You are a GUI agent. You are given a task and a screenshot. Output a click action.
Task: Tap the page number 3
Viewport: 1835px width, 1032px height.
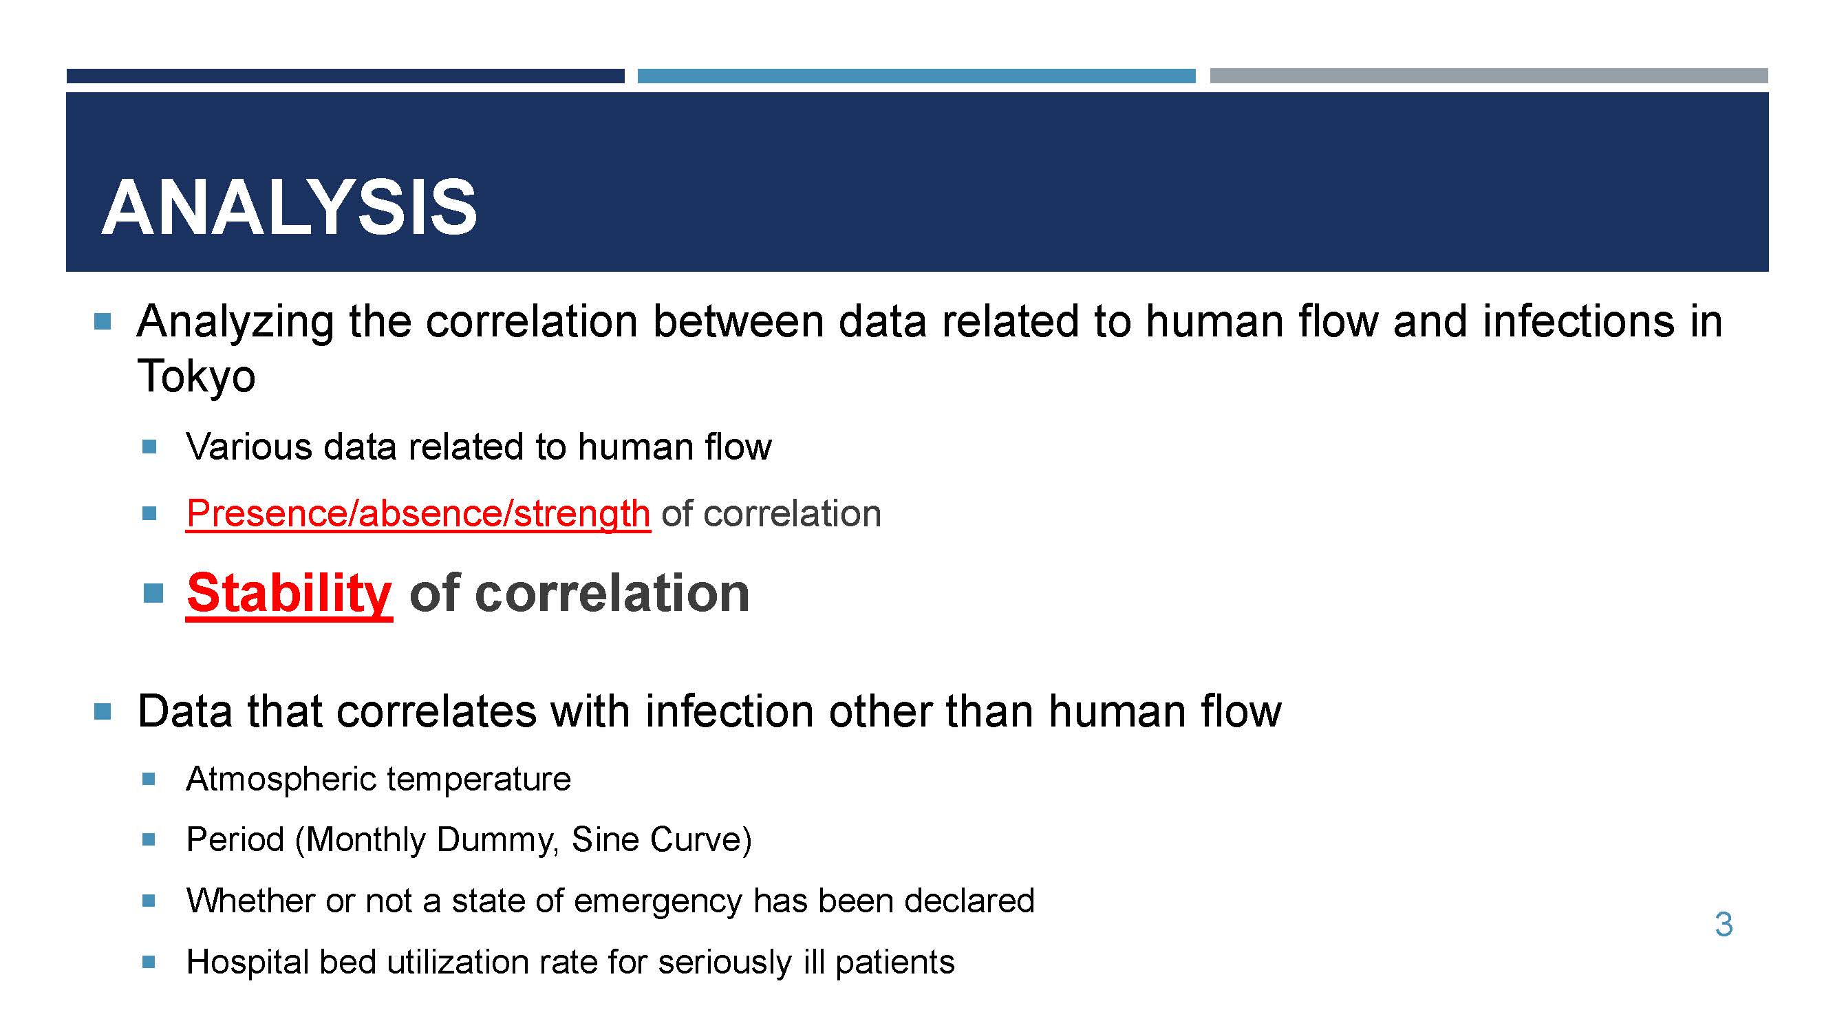pos(1724,925)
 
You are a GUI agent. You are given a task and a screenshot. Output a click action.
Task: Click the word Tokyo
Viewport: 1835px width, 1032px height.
pos(196,377)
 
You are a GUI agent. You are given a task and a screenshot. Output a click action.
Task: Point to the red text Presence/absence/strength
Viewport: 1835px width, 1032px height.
pos(418,513)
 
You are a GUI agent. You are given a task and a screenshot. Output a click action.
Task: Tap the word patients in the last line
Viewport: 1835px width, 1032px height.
pos(894,963)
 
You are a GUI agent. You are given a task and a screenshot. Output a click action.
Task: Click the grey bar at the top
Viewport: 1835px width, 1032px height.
pos(1489,76)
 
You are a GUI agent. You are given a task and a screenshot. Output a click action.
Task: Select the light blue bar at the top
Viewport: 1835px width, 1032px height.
pos(916,76)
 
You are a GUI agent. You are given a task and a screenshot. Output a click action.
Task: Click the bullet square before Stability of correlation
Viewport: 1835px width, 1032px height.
pos(153,592)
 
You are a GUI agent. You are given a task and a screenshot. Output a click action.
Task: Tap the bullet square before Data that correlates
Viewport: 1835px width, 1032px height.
pos(103,711)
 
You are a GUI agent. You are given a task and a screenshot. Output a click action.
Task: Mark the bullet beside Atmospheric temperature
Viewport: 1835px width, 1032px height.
pos(149,778)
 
